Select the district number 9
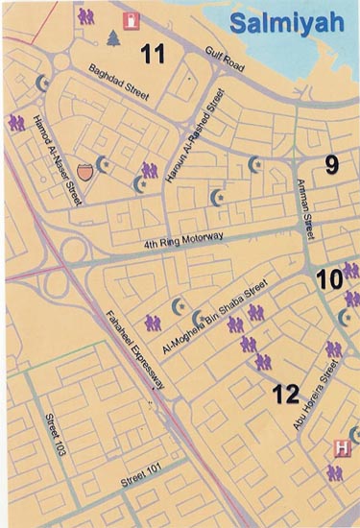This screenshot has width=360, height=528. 331,164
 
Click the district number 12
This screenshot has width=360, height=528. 286,393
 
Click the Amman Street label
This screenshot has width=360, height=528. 307,208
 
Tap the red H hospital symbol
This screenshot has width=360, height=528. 339,447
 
